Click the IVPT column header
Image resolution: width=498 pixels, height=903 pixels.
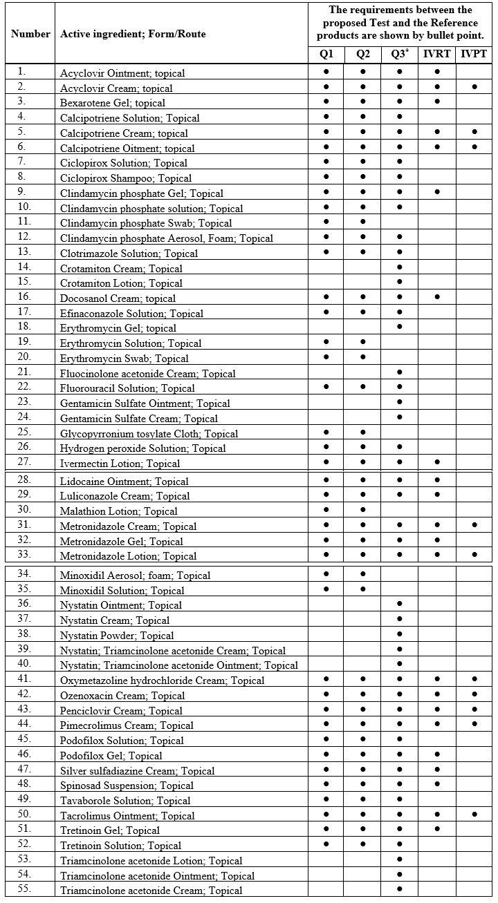coord(475,55)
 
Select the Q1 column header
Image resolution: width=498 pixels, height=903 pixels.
coord(326,55)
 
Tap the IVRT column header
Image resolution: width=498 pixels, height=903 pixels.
coord(437,55)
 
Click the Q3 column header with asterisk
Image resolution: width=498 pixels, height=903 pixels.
coord(400,55)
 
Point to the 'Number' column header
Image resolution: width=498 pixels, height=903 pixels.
coord(30,33)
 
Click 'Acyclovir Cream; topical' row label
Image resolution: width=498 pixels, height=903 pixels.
coord(116,88)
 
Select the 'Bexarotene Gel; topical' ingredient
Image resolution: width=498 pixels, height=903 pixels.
coord(113,104)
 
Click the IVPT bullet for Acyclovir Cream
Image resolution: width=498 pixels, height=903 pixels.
coord(475,86)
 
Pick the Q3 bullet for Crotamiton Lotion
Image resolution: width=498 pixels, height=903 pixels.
coord(400,282)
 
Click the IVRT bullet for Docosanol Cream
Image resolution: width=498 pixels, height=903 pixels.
coord(437,297)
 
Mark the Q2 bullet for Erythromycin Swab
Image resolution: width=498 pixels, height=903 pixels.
coord(363,357)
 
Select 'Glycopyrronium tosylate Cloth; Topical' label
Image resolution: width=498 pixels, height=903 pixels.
coord(149,434)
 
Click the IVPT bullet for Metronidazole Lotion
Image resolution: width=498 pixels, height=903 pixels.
coord(475,554)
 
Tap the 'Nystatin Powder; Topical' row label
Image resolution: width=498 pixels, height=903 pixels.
coord(117,636)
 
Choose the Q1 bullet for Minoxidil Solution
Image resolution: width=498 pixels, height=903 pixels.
coord(326,589)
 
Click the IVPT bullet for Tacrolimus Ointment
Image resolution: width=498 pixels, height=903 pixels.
coord(475,815)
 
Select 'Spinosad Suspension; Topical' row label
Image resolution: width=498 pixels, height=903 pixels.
coord(127,786)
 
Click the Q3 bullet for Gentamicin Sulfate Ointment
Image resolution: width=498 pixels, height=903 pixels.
coord(400,402)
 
